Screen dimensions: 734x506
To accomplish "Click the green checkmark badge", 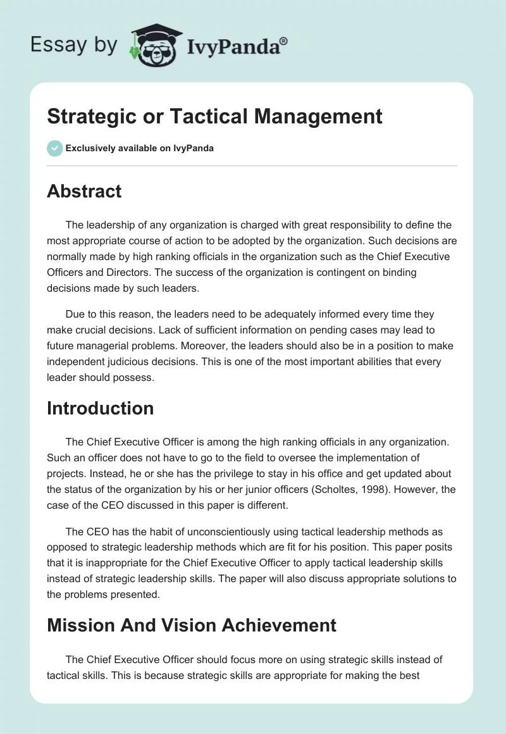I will click(x=54, y=148).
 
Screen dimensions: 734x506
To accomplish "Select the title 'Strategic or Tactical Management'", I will click(x=214, y=116).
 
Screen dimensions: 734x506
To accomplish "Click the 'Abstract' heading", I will click(x=84, y=191).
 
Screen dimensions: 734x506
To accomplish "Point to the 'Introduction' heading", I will click(x=100, y=408).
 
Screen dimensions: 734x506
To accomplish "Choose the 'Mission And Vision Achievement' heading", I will click(x=192, y=625).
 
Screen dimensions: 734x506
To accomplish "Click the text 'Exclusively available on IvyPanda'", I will click(x=140, y=149).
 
